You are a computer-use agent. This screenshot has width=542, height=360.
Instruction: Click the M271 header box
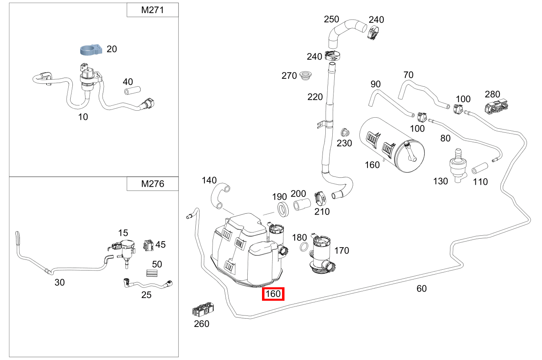[152, 10]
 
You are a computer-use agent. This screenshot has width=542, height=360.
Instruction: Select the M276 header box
[152, 184]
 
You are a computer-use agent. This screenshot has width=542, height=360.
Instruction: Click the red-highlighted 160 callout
[273, 294]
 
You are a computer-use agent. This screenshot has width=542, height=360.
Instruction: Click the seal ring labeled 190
[282, 209]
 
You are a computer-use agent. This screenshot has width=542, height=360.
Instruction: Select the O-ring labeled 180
[304, 248]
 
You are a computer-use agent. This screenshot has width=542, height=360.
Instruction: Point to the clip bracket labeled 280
[498, 107]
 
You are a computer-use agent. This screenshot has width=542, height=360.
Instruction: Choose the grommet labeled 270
[305, 76]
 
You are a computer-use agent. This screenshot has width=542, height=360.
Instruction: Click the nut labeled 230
[345, 132]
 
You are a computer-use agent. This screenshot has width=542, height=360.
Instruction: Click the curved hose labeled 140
[220, 195]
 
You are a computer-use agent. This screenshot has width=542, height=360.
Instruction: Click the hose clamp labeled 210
[321, 198]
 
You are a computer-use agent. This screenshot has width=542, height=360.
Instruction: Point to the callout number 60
[421, 288]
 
